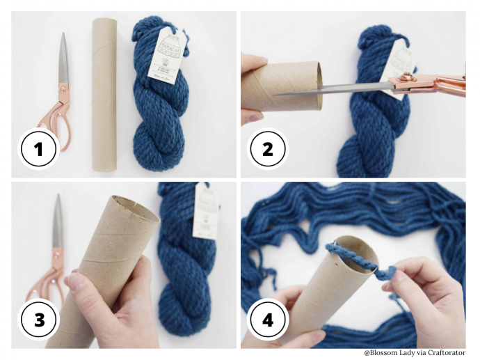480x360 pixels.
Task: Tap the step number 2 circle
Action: click(x=268, y=148)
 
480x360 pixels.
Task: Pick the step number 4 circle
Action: click(x=268, y=320)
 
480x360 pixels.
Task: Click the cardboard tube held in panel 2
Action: click(x=289, y=87)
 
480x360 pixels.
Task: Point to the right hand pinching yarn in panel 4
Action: click(x=431, y=292)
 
